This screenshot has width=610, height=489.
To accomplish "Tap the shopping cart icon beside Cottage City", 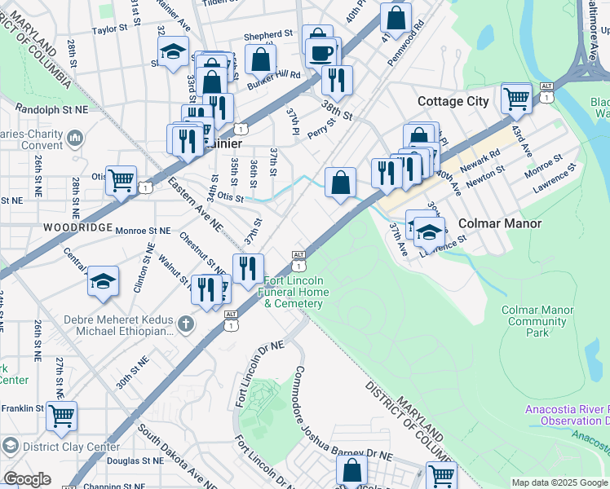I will pos(517,99).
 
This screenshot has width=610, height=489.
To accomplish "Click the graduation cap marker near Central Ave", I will pos(104,281).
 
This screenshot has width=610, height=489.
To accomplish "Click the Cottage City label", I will pos(453,101).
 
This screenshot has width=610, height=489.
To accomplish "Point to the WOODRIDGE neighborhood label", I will pos(55,227).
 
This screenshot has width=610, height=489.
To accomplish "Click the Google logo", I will pos(27,479).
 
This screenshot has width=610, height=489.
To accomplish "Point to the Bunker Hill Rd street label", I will pos(274,75).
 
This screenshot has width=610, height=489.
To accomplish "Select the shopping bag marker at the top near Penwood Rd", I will pos(396,18).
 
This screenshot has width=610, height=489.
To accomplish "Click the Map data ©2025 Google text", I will pos(559,482).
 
